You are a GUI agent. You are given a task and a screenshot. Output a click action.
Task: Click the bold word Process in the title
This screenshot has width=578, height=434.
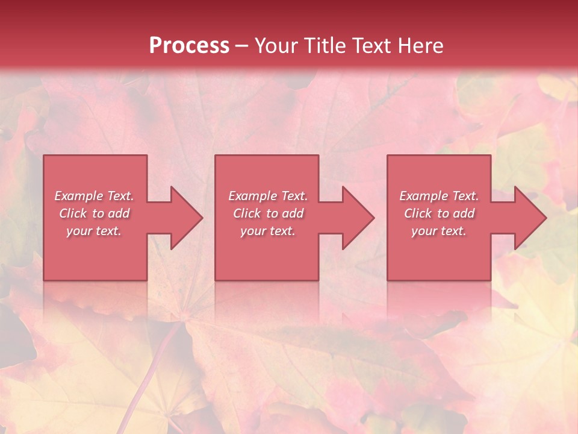tap(189, 46)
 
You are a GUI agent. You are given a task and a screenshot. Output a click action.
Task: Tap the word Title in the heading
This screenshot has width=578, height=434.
tap(325, 46)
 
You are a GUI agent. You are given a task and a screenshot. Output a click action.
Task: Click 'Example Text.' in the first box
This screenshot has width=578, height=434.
tap(94, 196)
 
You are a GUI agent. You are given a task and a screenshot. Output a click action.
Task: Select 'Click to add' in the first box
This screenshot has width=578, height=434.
tap(94, 213)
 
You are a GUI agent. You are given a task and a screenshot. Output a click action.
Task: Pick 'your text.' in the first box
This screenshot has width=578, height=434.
tap(94, 231)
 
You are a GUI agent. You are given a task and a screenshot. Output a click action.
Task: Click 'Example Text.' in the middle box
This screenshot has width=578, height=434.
tap(268, 196)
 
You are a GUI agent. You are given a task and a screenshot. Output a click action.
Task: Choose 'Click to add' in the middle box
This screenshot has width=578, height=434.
tap(268, 213)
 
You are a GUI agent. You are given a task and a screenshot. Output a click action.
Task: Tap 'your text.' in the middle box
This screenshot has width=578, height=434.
tap(268, 231)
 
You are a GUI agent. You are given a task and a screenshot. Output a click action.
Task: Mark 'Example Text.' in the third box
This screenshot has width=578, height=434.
tap(439, 196)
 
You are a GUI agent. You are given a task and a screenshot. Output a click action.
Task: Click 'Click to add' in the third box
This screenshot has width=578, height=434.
tap(439, 213)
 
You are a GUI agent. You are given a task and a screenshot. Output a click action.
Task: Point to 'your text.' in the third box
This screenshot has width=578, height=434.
tap(439, 231)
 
